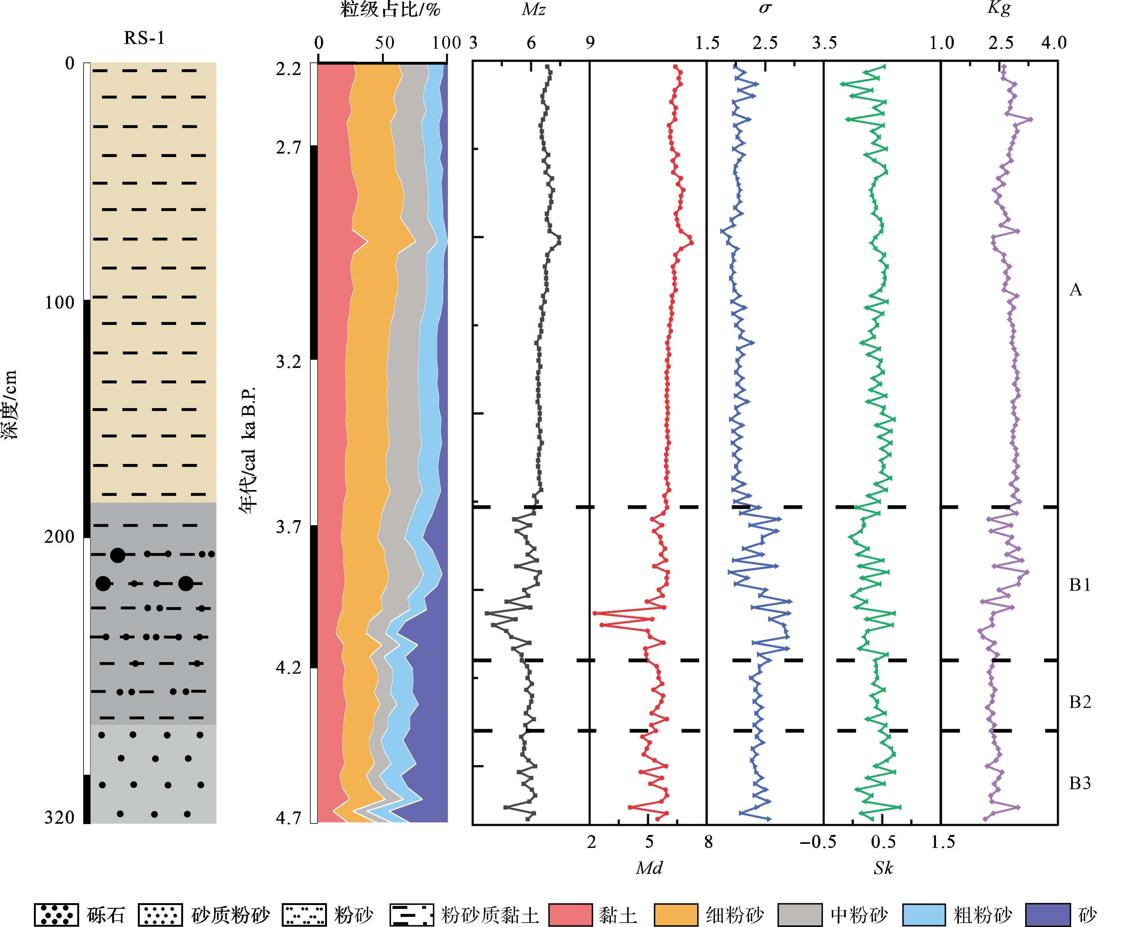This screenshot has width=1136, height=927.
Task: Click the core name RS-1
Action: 144,38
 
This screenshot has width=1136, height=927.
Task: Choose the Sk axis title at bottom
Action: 883,868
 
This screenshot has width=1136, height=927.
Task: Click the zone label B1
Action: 1080,585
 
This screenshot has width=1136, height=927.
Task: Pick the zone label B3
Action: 1080,783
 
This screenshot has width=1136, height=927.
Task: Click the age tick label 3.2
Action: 289,362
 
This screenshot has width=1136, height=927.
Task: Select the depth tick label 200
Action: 59,536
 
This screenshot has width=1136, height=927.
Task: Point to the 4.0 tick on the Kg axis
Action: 1053,43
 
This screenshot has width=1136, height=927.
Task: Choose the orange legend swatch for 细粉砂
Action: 676,914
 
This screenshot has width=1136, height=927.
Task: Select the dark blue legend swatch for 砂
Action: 1048,914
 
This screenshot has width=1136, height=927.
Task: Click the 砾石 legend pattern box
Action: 56,914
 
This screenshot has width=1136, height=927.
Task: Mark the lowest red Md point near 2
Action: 595,612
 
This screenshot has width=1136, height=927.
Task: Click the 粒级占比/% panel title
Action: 390,10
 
